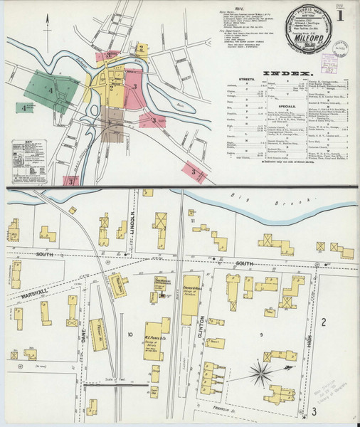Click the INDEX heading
point(287,73)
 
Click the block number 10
point(129,334)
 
